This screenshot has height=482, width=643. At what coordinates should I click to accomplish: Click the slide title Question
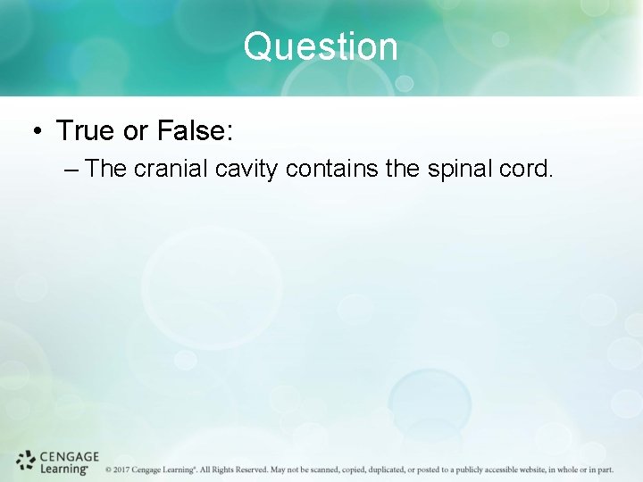(321, 46)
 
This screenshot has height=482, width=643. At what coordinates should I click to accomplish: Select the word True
(86, 131)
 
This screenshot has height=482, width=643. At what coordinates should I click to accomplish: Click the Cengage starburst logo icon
(26, 461)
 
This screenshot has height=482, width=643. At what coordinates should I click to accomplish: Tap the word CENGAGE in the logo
(70, 456)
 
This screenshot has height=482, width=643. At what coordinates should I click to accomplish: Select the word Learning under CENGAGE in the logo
(64, 468)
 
